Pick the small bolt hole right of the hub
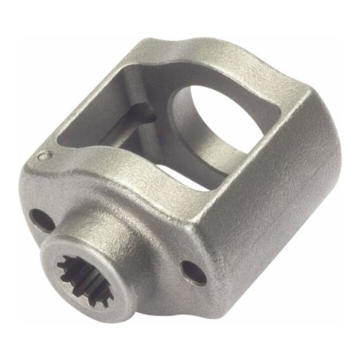tap(188, 267)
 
